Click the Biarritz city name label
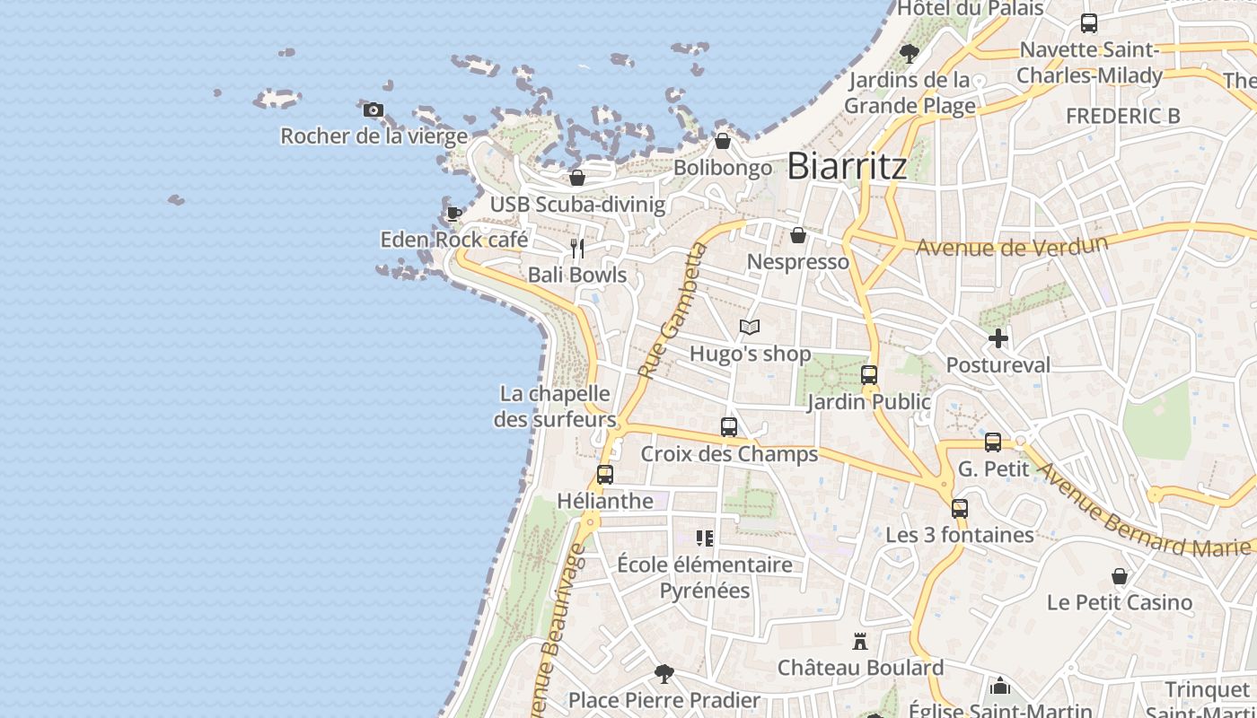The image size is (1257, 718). click(x=847, y=166)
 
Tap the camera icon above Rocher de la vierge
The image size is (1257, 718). click(x=374, y=110)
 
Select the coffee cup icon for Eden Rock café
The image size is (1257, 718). click(x=454, y=214)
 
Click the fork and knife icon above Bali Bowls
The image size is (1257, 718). click(x=577, y=249)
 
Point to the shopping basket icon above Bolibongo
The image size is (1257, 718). click(x=723, y=141)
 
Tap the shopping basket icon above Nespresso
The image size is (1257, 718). click(x=798, y=235)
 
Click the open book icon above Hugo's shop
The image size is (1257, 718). click(x=750, y=328)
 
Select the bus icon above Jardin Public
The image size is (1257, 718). click(x=869, y=375)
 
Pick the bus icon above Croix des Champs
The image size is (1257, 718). click(x=729, y=427)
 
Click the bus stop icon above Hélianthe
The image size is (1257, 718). click(x=605, y=474)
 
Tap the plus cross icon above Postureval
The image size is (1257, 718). click(x=998, y=338)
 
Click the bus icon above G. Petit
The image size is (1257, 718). click(x=993, y=442)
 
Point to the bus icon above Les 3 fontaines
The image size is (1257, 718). click(x=960, y=508)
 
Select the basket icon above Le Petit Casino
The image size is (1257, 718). click(x=1120, y=575)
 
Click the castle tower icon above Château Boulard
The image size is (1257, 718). click(x=860, y=641)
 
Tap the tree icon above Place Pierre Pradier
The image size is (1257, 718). click(x=664, y=673)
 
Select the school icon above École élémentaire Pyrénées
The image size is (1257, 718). click(x=705, y=538)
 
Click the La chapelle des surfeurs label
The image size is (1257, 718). click(x=555, y=407)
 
